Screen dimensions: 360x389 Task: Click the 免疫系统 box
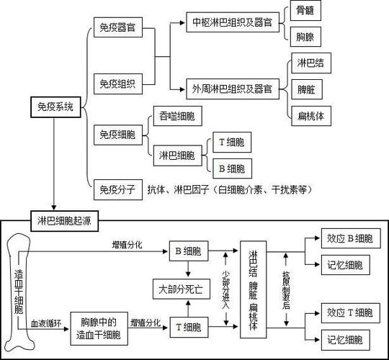55,107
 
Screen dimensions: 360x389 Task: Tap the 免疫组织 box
118,83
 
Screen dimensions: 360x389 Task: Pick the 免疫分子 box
118,189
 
